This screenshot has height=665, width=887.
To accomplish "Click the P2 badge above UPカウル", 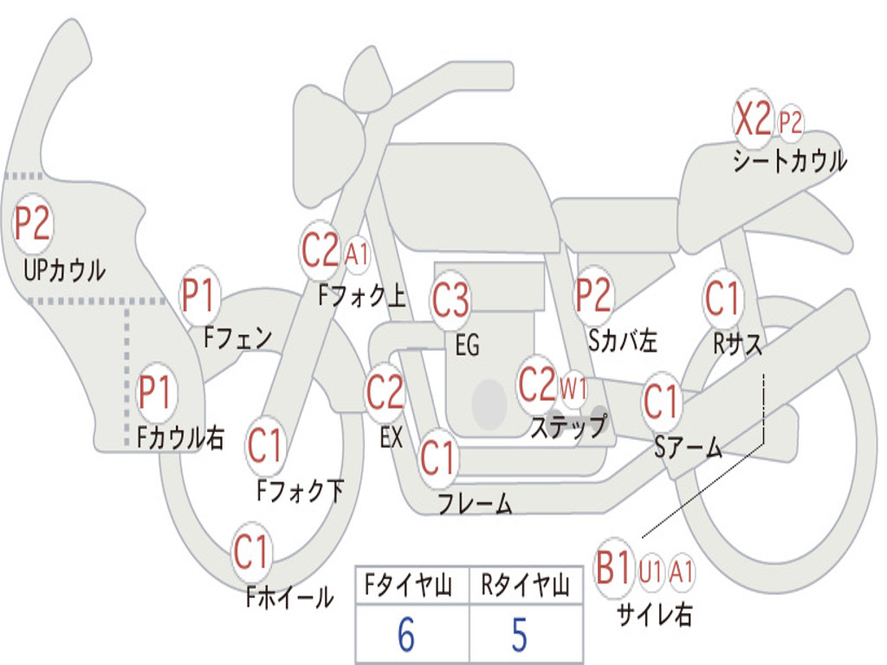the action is (33, 224).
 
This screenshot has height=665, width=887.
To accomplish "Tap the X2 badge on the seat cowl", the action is (753, 119).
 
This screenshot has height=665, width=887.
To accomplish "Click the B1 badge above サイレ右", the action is (614, 567).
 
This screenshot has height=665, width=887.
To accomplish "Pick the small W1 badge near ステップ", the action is (573, 389).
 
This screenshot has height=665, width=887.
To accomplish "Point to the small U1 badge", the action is (651, 571).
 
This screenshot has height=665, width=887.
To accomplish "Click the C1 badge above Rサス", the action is (722, 298).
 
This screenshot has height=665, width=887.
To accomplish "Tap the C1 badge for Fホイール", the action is (250, 552).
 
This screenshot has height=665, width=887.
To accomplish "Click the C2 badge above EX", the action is (385, 392).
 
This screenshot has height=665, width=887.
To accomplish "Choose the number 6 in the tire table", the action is (406, 635).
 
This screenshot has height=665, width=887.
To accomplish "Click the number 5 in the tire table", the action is (520, 635).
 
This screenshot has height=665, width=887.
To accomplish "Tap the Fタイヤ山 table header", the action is (409, 584).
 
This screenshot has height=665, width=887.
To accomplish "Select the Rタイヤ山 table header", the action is (525, 584).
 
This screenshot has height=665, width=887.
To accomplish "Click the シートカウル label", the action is (790, 161).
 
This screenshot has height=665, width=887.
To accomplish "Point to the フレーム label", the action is (476, 503).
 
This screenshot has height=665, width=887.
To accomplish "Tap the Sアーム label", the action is (689, 448).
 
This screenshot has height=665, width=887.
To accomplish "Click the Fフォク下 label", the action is (301, 490).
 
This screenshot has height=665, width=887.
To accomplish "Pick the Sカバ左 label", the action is (623, 340).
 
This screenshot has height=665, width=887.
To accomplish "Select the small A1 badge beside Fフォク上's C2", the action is (356, 254).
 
